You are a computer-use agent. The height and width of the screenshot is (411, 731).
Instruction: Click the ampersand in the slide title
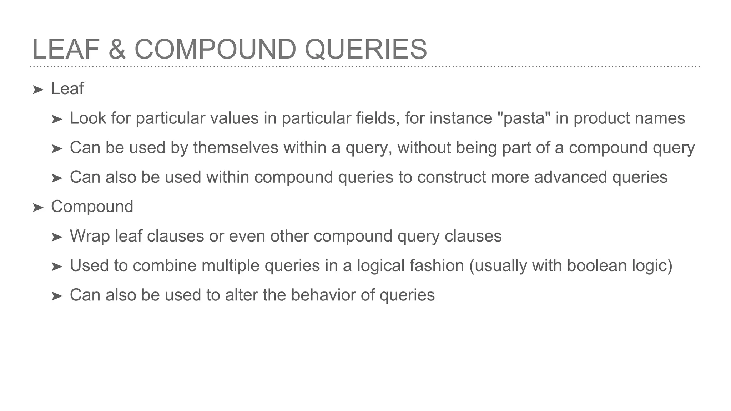pos(117,49)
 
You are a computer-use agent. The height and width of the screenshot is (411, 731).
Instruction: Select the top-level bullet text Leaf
pos(67,88)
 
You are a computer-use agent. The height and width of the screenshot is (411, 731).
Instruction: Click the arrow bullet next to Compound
pos(38,207)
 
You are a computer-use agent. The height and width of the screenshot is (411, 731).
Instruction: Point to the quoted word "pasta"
pos(524,118)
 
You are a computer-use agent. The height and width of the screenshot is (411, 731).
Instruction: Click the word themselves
pos(236,148)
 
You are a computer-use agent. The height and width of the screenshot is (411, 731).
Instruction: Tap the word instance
pos(461,118)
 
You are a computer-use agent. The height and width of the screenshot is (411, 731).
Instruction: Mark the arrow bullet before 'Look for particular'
pos(57,119)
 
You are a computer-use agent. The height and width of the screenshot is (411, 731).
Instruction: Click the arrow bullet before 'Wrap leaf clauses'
pos(57,237)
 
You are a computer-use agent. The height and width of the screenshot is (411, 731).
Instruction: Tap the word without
pos(424,148)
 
